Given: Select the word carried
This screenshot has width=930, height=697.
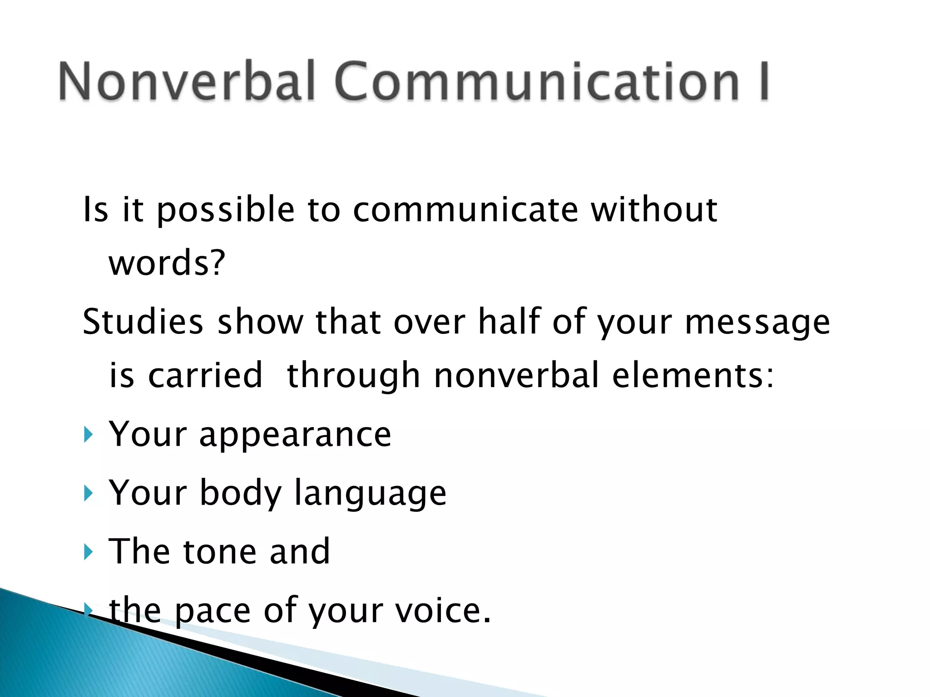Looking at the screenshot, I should pos(205,375).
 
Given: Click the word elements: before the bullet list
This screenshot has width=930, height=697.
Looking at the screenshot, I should pos(693,375).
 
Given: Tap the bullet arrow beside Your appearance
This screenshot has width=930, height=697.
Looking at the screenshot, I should pos(88,435).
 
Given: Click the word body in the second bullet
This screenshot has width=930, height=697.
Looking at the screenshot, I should pos(241,494).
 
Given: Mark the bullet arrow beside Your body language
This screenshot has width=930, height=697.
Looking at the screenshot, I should pos(88,493).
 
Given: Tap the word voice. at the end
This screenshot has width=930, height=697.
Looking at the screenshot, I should pos(443,610).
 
